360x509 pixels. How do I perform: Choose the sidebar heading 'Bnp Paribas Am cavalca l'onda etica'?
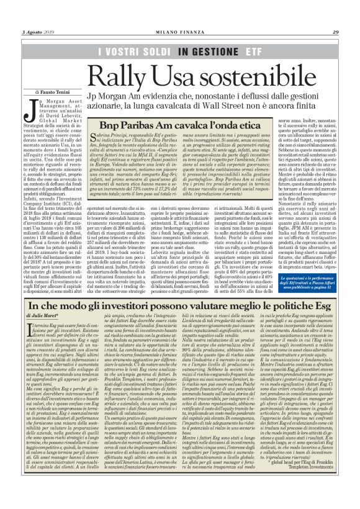[x=166, y=125]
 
